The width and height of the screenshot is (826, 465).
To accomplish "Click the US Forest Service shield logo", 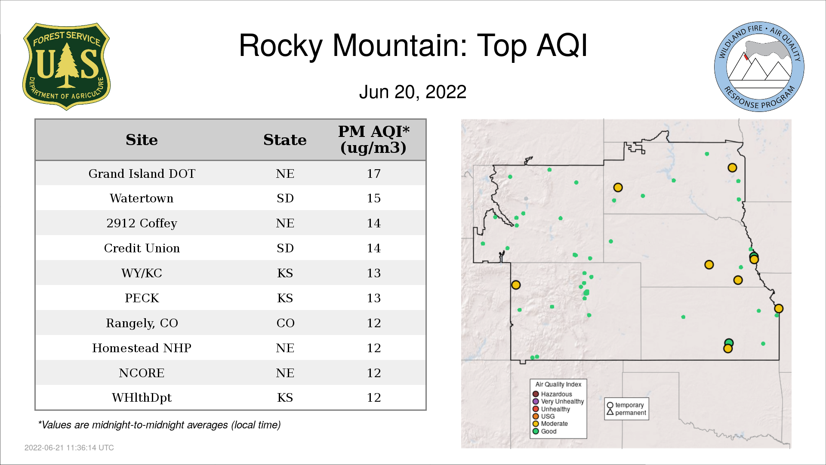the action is coord(66,67).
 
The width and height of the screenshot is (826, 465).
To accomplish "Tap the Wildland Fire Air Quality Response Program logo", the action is coord(759,67).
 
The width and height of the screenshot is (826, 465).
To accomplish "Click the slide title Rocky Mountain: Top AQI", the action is coord(413,46).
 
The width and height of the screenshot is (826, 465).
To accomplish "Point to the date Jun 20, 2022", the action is coord(413,92).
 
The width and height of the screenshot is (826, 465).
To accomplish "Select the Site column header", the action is coord(142,140).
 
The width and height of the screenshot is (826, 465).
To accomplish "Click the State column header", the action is coord(285,140).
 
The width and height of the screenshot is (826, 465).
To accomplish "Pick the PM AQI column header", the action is coord(373,139).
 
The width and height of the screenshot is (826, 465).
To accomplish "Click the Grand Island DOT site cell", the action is coord(142,174).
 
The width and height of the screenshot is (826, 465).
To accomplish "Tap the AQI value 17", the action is coord(373,174).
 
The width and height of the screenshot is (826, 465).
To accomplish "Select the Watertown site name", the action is coord(142,198).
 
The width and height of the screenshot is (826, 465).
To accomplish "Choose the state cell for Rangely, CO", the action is coord(285,323).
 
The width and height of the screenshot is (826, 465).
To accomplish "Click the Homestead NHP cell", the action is coord(142,348).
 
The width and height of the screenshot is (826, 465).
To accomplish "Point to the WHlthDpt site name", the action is coord(142,397).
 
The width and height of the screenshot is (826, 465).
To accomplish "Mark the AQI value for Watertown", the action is coord(373,198).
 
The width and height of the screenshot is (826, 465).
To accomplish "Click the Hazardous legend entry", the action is coord(552,394).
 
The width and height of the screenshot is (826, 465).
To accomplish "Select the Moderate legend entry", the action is coord(550,424).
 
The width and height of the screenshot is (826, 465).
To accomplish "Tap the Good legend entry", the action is coord(545,431).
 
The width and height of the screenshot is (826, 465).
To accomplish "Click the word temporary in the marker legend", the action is coord(629,405).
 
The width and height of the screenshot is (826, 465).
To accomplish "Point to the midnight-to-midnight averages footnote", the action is coord(159,425).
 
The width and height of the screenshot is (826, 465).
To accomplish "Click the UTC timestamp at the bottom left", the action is coord(69,448).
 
